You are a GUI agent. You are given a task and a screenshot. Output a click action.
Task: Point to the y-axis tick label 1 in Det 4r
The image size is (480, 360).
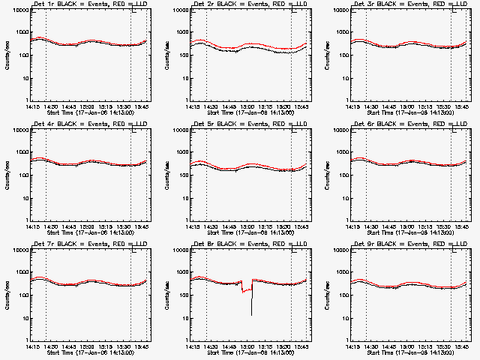coord(27,220)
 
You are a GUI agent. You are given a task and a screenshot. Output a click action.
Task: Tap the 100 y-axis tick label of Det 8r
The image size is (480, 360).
coord(183,295)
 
